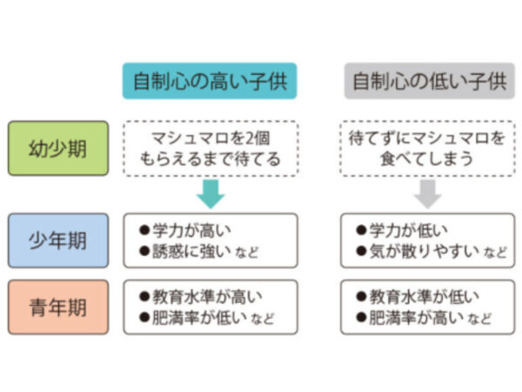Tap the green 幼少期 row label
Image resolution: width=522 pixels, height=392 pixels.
point(58,148)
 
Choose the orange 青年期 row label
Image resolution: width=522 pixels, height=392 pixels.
point(58,307)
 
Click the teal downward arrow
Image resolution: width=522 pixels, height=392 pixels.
point(210,193)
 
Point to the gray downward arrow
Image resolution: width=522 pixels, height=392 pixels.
point(428,193)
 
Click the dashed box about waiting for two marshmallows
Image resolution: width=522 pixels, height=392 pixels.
point(210,148)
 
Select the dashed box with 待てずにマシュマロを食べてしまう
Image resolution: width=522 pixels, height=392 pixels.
point(428,148)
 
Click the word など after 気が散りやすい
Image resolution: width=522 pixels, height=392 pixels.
point(496,253)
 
